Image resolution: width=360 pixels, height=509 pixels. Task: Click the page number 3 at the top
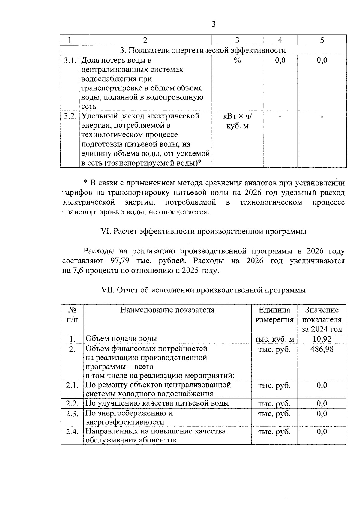[x=213, y=24]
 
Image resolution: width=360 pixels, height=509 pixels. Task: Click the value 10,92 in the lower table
[x=322, y=339]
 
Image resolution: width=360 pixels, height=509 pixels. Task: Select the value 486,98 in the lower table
[x=322, y=349]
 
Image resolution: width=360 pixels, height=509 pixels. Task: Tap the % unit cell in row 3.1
[x=237, y=61]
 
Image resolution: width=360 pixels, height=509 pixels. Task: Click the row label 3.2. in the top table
[x=70, y=116]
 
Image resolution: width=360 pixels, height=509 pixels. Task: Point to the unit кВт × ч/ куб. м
[x=237, y=121]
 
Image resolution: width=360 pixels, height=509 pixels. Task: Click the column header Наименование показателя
[x=167, y=310]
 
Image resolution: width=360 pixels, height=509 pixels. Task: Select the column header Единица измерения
[x=274, y=315]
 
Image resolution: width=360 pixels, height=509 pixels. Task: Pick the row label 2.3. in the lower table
[x=72, y=413]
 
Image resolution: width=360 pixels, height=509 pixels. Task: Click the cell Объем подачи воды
[x=121, y=339]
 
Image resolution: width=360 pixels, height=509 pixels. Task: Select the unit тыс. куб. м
[x=274, y=339]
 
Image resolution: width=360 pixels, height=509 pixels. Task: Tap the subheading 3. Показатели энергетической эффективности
[x=203, y=50]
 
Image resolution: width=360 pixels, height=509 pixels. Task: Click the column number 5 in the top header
[x=322, y=40]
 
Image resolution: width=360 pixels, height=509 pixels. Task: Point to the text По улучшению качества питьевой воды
[x=157, y=403]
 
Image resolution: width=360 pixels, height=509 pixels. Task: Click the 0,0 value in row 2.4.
[x=322, y=432]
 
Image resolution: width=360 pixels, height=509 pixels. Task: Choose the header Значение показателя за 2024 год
[x=322, y=319]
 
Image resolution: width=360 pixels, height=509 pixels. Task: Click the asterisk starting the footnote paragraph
[x=86, y=183]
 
